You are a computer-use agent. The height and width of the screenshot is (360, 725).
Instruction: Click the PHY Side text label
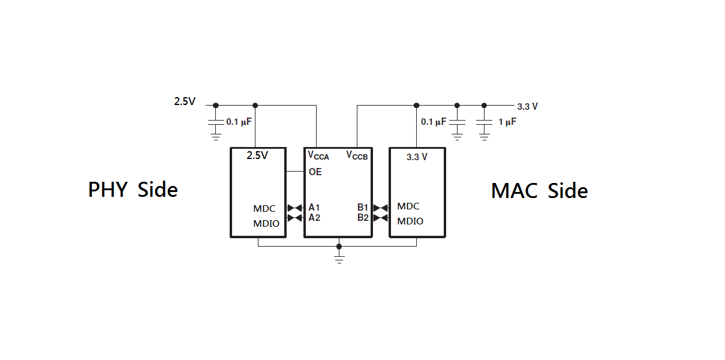click(x=133, y=190)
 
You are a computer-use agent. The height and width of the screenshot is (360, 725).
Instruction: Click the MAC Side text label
click(x=540, y=190)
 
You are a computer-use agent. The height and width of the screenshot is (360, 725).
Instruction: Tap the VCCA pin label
click(x=318, y=156)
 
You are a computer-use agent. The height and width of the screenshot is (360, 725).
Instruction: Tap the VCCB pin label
click(x=357, y=156)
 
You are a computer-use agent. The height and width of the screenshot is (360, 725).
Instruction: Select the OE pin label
click(x=315, y=172)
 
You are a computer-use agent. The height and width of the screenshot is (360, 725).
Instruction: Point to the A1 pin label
click(x=314, y=207)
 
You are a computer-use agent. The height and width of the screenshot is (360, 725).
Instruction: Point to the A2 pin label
click(x=314, y=218)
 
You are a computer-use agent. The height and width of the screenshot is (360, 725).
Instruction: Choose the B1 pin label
click(x=363, y=207)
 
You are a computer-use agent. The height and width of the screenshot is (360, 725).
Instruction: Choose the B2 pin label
click(x=363, y=218)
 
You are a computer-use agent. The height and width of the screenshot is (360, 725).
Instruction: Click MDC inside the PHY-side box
click(x=264, y=209)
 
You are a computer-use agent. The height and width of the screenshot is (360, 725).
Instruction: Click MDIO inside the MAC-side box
click(x=410, y=221)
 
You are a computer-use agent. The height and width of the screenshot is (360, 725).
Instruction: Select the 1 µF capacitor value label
click(x=507, y=122)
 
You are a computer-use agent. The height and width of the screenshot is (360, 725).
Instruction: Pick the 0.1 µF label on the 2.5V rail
click(x=239, y=122)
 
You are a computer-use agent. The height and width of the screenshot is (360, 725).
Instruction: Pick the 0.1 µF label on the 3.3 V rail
click(x=434, y=122)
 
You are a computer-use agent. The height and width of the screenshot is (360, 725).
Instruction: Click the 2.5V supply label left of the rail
click(x=185, y=101)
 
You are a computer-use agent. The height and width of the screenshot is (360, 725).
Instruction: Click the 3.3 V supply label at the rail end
click(x=528, y=107)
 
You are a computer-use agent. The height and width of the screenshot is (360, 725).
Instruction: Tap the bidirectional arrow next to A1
click(x=295, y=208)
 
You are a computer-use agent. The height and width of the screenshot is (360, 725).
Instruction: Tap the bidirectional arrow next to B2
click(x=381, y=218)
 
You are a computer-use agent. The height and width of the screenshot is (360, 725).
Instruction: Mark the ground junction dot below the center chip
click(x=339, y=247)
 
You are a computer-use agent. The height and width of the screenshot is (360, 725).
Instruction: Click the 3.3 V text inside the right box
click(x=417, y=157)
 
